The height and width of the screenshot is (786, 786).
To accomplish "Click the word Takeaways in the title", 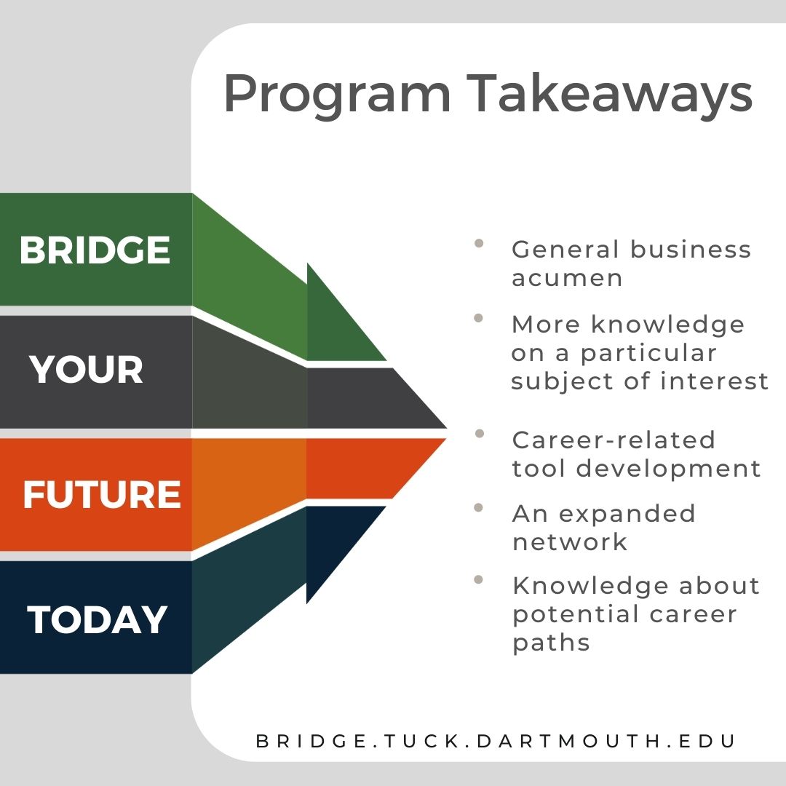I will coord(609,95).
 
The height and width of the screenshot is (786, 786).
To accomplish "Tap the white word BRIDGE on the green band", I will coord(95,250).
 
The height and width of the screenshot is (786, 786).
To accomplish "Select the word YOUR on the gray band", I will coord(87,370).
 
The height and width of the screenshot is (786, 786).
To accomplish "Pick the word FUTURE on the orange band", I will coord(102,495).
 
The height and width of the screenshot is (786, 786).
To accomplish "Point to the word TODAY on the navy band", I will coord(98,620).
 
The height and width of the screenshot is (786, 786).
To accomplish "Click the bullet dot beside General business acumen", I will coord(479,244).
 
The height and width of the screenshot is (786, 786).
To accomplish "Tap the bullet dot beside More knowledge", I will coord(479,318).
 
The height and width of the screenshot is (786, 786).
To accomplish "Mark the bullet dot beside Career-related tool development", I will coord(479,434).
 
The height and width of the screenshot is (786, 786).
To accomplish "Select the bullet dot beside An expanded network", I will coord(479,507).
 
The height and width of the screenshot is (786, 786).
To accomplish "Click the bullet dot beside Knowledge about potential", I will coord(479,580).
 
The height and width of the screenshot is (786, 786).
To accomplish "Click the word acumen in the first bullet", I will coord(568,278).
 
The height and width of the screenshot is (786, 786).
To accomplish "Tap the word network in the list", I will coord(570,542).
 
